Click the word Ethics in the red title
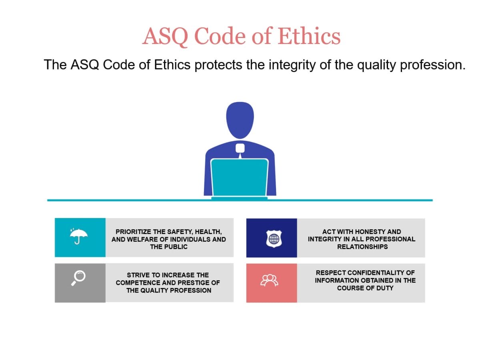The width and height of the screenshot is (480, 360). point(309,36)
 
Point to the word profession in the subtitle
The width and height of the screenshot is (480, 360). point(432,65)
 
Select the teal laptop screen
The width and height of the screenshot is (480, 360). point(240,178)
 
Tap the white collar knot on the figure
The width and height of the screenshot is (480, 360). point(240,148)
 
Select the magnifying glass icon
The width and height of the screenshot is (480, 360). point(78,278)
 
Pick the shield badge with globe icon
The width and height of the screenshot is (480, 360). point(274,239)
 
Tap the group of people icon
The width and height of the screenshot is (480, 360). point(269,280)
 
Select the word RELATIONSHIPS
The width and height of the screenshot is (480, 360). point(362,247)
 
